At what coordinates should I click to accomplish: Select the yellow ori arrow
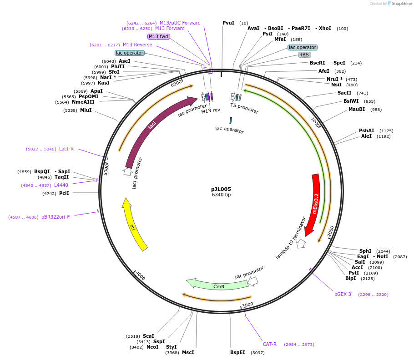coord(133,225)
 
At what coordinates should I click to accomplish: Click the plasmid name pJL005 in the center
coord(221,189)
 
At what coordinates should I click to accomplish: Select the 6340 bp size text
coord(221,195)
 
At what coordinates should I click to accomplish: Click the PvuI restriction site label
coord(228,23)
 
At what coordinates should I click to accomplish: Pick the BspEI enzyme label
coord(237,352)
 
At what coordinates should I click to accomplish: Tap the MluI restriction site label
coord(86,110)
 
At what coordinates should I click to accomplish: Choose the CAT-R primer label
coord(269,344)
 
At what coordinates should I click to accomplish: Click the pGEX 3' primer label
coord(343,294)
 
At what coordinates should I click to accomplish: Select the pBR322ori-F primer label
coord(56,217)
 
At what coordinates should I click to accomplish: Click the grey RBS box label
coord(304,55)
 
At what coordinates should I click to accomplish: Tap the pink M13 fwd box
coord(158,36)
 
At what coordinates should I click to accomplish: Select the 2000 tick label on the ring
coord(331,231)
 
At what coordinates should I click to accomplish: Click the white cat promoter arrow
coord(252,281)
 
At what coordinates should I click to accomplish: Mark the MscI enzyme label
coord(188,352)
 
